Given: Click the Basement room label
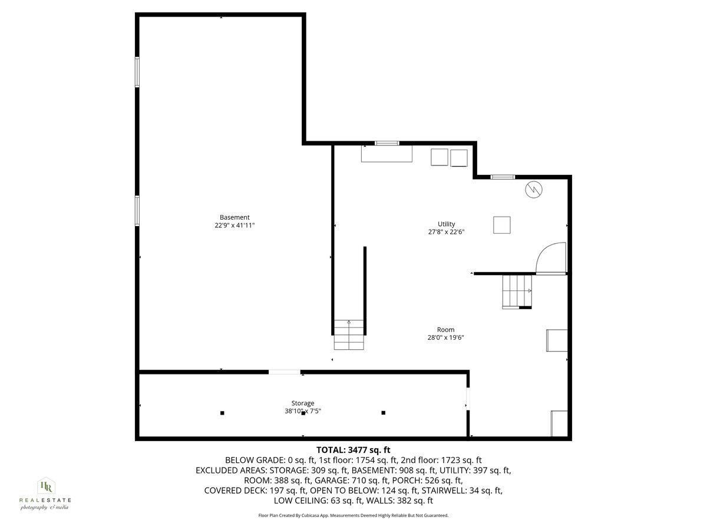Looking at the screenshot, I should coord(234,217).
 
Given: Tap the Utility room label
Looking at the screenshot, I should coord(446,224).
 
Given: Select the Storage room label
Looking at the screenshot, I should coord(302,403).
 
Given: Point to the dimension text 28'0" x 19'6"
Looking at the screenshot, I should coord(446,338).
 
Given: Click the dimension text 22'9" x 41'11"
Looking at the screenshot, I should coord(234,225).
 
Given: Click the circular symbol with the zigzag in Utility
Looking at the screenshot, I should coord(533,189).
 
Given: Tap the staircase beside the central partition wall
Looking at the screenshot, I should coord(349,334).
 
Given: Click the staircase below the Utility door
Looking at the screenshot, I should coord(517,291).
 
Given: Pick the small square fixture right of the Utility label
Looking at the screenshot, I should coord(502,225).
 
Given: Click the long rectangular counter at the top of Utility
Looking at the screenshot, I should coord(386,154).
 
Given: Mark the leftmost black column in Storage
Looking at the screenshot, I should coord(222,413).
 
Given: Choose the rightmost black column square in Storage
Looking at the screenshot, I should coord(383,413).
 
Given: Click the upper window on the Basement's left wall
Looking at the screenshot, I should coord(137,72).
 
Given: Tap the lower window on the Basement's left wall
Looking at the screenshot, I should coord(137,210).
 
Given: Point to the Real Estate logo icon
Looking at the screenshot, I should coord(45,486).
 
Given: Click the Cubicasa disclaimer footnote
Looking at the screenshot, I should coord(353,515).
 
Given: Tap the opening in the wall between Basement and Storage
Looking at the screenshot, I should coord(284,372).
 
